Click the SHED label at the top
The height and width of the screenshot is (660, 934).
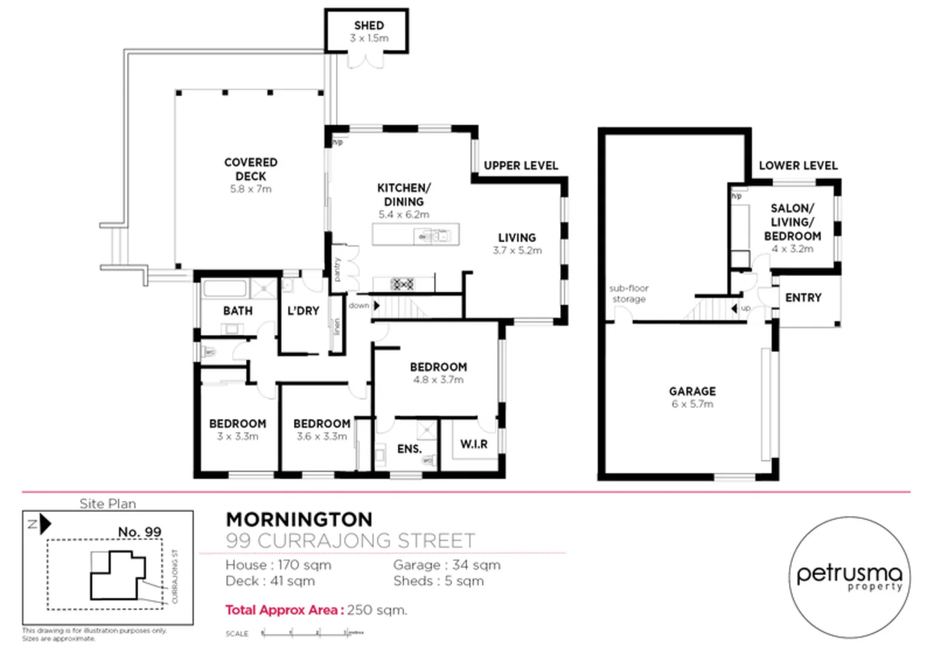click(369, 26)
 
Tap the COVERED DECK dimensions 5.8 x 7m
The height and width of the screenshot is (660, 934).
click(250, 189)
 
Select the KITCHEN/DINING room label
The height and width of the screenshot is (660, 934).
click(404, 194)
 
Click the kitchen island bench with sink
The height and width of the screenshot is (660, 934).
click(415, 235)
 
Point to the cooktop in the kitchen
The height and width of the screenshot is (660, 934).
click(402, 284)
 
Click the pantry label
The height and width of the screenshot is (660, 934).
click(337, 269)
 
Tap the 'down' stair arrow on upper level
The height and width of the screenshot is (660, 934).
click(376, 306)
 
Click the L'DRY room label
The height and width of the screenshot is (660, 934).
click(303, 311)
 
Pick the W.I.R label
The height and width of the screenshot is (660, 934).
click(473, 444)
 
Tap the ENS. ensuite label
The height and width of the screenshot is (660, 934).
click(409, 449)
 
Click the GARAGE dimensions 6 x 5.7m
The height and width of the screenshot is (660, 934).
click(692, 405)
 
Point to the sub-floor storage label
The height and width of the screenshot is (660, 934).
click(629, 294)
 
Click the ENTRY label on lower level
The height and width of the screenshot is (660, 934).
click(803, 298)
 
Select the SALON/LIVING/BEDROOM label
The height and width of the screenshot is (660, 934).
click(792, 222)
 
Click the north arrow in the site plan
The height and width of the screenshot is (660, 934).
click(44, 524)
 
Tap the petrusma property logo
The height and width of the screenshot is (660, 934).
click(849, 577)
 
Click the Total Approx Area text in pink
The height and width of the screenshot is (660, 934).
click(283, 610)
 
